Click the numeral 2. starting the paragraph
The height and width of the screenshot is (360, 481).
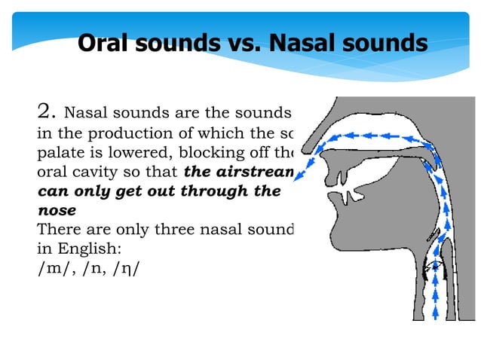pos(47,113)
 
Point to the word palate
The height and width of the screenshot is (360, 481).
pos(59,153)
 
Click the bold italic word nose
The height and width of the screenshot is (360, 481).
pos(57,211)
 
